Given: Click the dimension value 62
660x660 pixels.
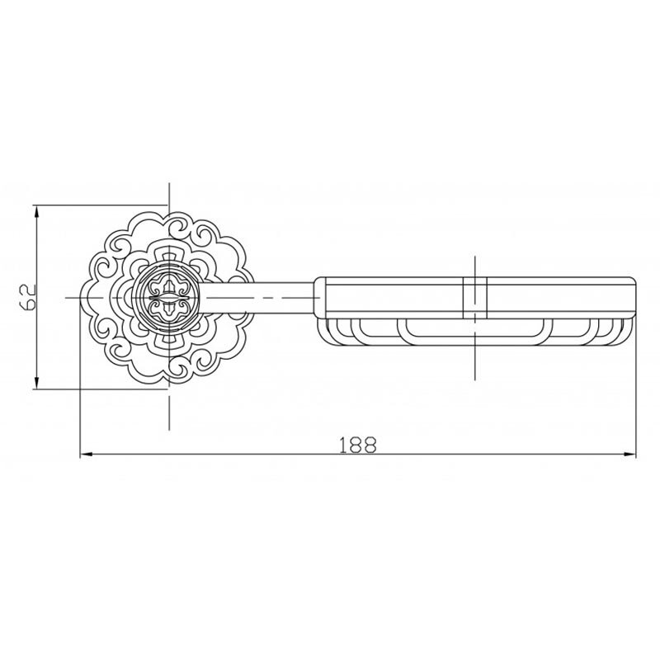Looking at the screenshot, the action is [x=29, y=298].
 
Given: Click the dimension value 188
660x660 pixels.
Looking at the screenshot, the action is [x=357, y=445].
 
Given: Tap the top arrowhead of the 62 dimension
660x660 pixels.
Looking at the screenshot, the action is [x=36, y=210].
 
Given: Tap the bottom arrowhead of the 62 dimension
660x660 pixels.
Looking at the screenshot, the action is [x=36, y=384].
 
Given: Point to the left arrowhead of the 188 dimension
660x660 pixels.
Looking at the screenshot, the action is [x=86, y=455].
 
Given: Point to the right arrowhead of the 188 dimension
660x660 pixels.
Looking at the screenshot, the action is [x=630, y=455].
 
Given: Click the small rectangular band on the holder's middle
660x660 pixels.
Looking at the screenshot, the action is [x=475, y=298].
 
